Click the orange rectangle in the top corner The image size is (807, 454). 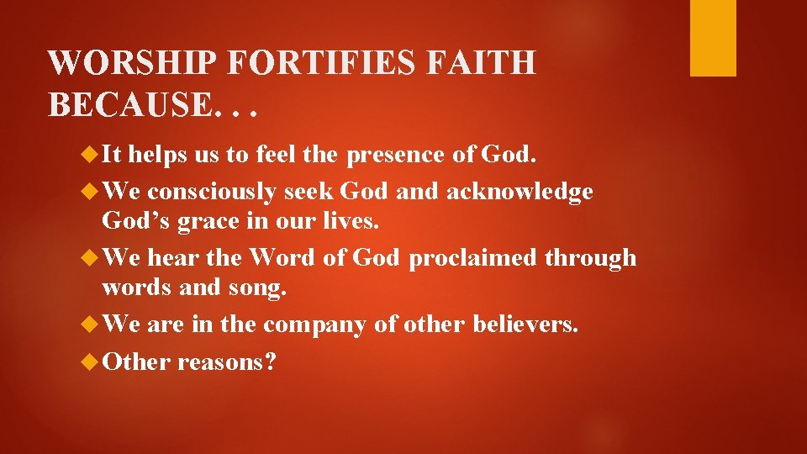[x=713, y=38]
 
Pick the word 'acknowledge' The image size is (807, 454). [x=520, y=192]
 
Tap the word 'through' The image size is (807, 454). [x=590, y=257]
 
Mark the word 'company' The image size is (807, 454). [x=314, y=324]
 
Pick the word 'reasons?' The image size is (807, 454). [x=227, y=362]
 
